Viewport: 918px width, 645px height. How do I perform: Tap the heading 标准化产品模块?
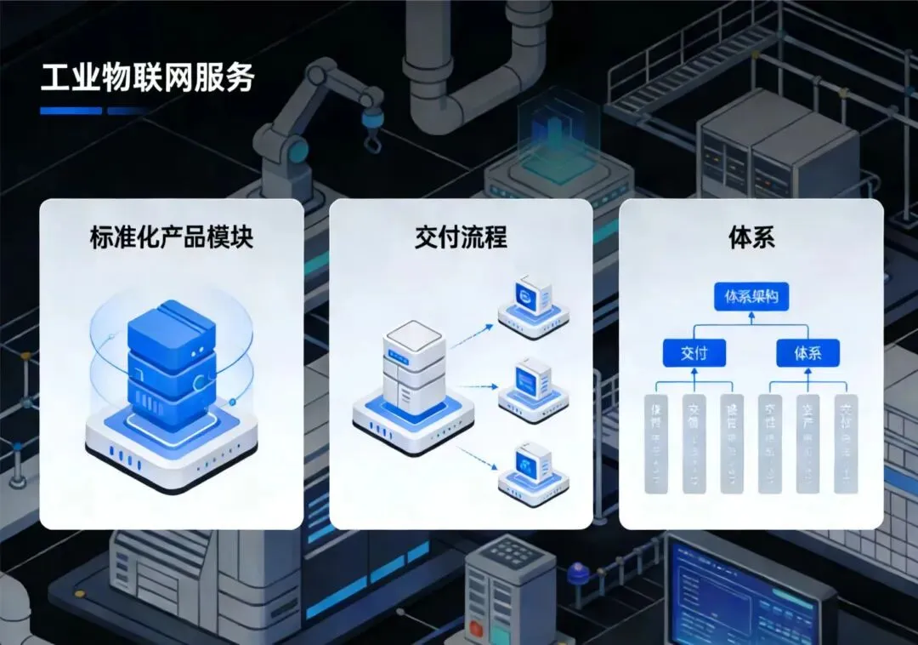click(x=171, y=237)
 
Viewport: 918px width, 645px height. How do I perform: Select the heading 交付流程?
click(x=461, y=237)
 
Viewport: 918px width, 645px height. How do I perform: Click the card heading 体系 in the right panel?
click(x=751, y=237)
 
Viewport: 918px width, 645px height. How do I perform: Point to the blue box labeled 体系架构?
click(x=751, y=298)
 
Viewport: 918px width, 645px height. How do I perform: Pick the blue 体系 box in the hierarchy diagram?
click(x=807, y=352)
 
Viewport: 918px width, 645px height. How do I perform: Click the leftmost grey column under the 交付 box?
click(x=656, y=442)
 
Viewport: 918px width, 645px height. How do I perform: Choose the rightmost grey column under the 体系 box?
click(x=846, y=442)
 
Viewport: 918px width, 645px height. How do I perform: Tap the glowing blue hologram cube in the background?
click(x=557, y=136)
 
